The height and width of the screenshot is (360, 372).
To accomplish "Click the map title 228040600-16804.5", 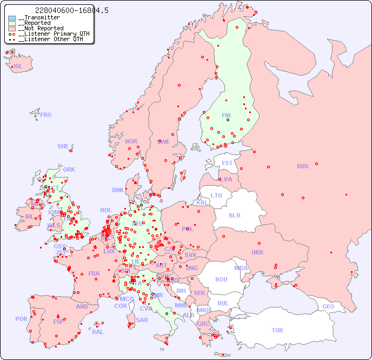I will (64, 10).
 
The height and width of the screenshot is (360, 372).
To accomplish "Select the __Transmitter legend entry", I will (38, 18).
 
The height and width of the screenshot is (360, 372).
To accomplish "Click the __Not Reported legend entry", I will (41, 28).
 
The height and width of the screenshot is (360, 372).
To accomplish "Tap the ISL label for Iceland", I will (18, 66).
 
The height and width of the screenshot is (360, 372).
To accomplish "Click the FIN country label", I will (226, 115).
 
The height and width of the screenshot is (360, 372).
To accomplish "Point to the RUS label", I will (302, 166).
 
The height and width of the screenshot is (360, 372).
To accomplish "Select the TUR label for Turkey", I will (277, 330).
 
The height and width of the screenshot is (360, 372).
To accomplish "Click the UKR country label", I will (257, 252).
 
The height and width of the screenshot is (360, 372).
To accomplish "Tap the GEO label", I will (328, 306).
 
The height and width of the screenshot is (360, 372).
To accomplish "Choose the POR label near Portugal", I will (21, 319).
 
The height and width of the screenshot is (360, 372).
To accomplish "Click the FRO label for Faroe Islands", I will (46, 115).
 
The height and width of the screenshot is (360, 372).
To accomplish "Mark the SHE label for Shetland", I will (63, 146).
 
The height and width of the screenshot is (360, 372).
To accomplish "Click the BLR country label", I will (235, 215).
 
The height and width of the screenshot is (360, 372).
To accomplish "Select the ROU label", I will (221, 279).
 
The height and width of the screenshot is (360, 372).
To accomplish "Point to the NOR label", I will (131, 141).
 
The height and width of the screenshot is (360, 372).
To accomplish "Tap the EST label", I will (227, 163).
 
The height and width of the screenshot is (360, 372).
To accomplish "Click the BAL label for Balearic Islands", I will (98, 332).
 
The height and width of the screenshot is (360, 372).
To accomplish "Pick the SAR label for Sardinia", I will (142, 320).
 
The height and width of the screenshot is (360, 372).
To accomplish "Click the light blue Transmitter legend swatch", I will (12, 18).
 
